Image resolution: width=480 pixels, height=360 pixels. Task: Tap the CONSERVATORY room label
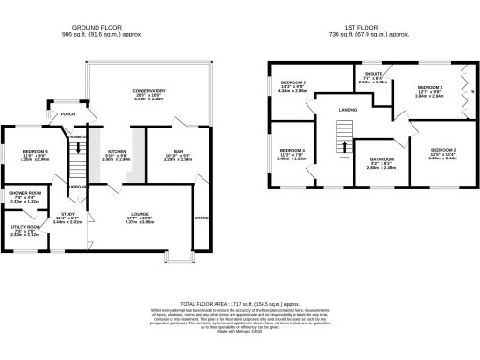pos(148,91)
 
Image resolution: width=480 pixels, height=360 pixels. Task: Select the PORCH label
pos(67,114)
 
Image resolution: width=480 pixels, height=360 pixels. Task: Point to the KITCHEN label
pos(116,150)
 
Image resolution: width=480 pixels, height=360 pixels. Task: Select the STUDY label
pos(67,214)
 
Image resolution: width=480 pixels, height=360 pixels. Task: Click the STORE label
pos(201,218)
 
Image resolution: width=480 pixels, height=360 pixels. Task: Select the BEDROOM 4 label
pos(292,150)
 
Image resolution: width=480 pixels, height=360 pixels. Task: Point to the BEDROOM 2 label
pos(442,150)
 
